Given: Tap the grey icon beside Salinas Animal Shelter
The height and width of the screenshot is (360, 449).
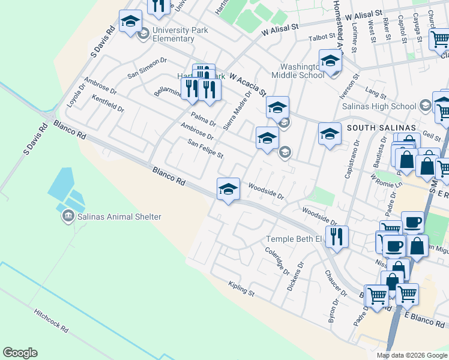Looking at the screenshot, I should (x=68, y=216).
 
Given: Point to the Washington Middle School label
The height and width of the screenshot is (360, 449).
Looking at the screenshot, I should (x=298, y=71).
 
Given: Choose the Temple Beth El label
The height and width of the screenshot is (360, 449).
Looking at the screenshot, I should (x=294, y=240).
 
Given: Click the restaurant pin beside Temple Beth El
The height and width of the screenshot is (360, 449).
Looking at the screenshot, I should (x=337, y=236).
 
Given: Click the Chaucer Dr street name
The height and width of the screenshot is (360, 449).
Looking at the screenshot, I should (x=336, y=283).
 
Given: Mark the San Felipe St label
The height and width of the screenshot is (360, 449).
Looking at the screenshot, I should (x=205, y=149).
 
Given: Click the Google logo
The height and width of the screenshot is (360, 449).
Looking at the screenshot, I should (x=20, y=353).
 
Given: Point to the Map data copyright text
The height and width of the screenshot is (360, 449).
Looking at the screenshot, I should (x=411, y=355).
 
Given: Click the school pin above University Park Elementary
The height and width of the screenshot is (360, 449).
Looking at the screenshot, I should (x=130, y=22).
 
